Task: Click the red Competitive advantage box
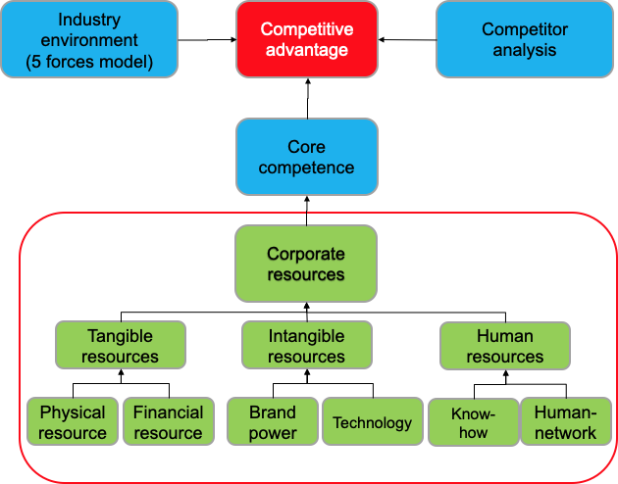coord(306,39)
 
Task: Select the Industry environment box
coord(90,39)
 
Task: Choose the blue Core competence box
coord(306,157)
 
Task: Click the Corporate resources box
coord(306,265)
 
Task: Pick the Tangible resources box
coord(120,346)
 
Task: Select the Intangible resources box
coord(306,346)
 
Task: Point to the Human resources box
coord(504,346)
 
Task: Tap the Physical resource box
coord(73,422)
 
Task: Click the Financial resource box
coord(168,422)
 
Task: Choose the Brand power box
coord(273,422)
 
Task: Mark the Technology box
coord(372,422)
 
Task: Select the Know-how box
coord(473,422)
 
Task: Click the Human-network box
coord(565,422)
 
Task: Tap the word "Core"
coord(306,147)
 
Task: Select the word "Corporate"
coord(306,255)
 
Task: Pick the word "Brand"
coord(273,413)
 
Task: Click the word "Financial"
coord(168,412)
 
